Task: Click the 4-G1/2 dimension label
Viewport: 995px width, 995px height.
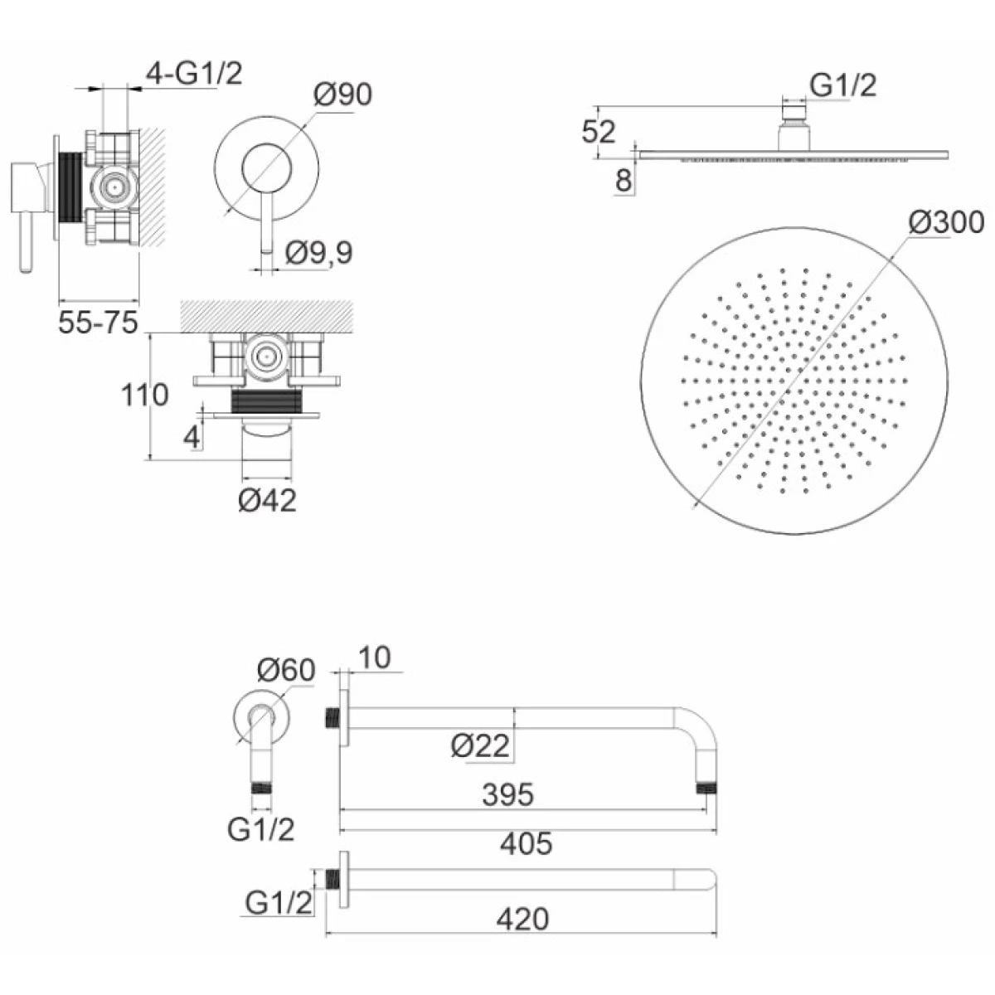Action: (194, 73)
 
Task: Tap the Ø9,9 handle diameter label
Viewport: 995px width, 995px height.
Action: (319, 253)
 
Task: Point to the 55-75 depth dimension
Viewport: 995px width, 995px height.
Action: (98, 323)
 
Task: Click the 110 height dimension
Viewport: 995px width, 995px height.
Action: (144, 395)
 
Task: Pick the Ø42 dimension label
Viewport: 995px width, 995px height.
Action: (268, 500)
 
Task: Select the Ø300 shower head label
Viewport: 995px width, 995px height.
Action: (946, 222)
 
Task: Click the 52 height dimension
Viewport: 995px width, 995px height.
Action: (599, 132)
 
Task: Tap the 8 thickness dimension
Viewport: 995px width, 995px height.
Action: (624, 181)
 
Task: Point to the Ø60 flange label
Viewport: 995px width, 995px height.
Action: (286, 670)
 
